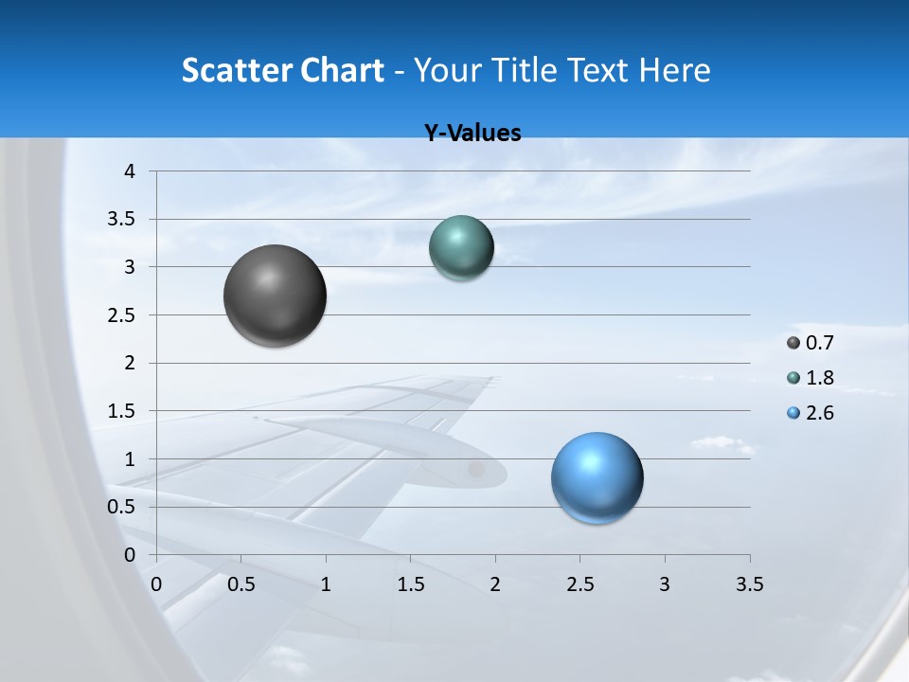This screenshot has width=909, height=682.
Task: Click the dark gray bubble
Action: (x=276, y=296)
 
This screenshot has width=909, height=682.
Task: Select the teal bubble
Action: (x=461, y=247)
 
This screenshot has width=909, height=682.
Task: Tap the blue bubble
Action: (x=597, y=477)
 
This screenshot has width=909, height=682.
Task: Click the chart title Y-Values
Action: (x=472, y=133)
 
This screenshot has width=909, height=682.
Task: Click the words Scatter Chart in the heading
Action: (x=282, y=70)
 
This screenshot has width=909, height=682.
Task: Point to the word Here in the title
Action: (x=674, y=70)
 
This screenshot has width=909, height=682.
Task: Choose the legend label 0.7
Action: (x=819, y=343)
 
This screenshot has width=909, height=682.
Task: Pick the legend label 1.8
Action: (x=819, y=378)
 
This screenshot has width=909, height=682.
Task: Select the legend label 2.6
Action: (x=819, y=413)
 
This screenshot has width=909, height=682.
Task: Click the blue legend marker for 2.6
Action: (x=793, y=413)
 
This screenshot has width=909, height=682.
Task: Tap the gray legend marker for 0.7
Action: (x=793, y=343)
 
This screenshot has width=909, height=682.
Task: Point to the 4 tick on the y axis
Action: (x=130, y=171)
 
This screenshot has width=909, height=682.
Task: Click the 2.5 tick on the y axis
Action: (x=122, y=315)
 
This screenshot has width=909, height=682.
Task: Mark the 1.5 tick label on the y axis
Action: (x=122, y=411)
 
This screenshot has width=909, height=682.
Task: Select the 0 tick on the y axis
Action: (x=130, y=555)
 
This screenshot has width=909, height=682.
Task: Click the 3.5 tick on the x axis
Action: (x=749, y=584)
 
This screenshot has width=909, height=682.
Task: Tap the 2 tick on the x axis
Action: (x=495, y=584)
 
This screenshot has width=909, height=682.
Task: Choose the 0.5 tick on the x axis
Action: (x=241, y=584)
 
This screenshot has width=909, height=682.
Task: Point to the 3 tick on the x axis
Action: (x=665, y=584)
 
